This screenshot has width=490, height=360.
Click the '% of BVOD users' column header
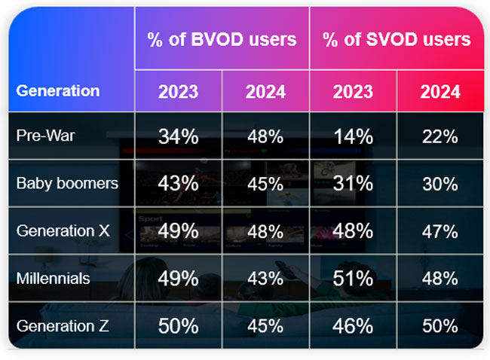point(222,39)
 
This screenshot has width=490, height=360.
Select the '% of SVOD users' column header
point(397,39)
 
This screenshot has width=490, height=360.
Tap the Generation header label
point(58,91)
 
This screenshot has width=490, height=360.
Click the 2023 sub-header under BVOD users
point(178,92)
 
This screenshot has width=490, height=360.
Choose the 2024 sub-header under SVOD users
point(440,92)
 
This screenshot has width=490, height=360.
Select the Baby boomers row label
point(67,184)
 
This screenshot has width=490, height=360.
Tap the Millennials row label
point(53,279)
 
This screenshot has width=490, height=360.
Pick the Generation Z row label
point(62,326)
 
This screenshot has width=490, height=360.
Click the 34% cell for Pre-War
point(178,136)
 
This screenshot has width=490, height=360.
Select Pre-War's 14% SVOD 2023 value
point(354,136)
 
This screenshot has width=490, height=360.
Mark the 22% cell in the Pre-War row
point(440,136)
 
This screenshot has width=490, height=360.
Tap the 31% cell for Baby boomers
point(354,184)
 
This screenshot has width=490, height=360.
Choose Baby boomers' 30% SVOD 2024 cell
point(440,184)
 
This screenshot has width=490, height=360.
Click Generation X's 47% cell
point(440,231)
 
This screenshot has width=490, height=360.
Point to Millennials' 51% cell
point(354,279)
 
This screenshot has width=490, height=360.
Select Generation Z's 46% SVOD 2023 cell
point(354,326)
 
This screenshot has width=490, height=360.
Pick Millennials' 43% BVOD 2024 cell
point(265,279)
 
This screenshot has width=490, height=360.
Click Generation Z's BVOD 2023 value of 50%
point(178,326)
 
